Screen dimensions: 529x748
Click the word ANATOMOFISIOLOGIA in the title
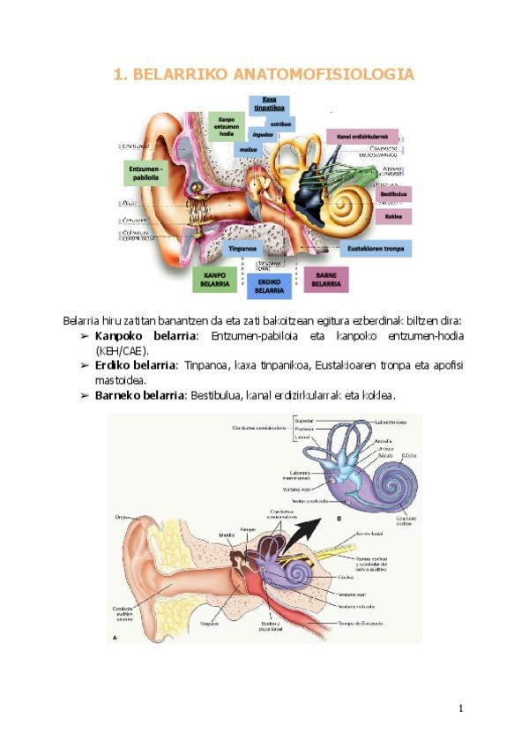point(323,75)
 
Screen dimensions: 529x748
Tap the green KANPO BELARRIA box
point(216,279)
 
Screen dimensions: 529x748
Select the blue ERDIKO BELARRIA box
point(268,283)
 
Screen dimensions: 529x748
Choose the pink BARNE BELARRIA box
point(326,280)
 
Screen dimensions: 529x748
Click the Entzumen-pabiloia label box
point(146,172)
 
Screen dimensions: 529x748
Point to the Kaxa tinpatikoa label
point(268,104)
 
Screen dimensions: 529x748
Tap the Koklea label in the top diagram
point(393,215)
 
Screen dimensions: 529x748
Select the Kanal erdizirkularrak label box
point(362,137)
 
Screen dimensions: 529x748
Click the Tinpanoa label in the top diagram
point(243,249)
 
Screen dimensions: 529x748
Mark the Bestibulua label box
point(393,193)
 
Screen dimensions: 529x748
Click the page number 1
point(460,708)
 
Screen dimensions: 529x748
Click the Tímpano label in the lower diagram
point(208,623)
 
